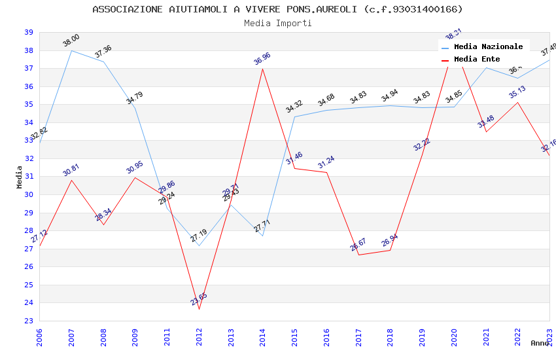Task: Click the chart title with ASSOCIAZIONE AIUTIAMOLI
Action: point(277,9)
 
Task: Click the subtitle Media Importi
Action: point(277,23)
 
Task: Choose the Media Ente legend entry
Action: point(477,59)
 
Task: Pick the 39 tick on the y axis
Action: point(29,32)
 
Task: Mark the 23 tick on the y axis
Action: point(29,321)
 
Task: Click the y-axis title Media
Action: point(20,177)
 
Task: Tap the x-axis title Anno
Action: point(540,343)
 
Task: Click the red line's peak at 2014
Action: point(263,69)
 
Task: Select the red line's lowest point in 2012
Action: point(199,309)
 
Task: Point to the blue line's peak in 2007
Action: point(71,50)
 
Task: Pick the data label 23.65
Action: point(199,299)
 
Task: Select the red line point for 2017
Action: point(358,255)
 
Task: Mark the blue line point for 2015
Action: point(294,117)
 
